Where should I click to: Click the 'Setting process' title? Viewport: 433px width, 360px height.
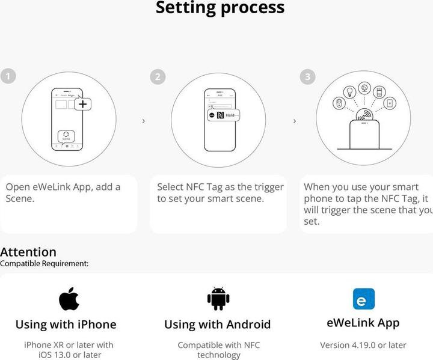[220, 8]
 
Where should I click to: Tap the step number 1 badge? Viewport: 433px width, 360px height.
[8, 76]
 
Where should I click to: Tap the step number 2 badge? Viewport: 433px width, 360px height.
[157, 76]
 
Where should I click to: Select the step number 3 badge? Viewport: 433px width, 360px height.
[307, 76]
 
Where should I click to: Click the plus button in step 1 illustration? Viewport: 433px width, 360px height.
[83, 104]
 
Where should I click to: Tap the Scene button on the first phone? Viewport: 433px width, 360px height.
[66, 136]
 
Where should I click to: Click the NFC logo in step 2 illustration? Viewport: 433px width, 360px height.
[220, 115]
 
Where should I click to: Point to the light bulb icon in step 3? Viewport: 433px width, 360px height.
[349, 92]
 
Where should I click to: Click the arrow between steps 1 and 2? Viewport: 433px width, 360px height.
[143, 121]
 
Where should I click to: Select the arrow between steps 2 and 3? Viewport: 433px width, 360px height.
[294, 121]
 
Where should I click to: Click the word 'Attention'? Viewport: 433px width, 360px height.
[28, 252]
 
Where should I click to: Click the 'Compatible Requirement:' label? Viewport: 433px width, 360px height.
[44, 263]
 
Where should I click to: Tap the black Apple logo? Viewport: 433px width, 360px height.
[69, 298]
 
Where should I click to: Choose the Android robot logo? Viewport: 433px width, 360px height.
[218, 299]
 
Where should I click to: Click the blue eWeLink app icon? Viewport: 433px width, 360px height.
[363, 299]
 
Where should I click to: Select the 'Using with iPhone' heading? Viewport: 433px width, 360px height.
[66, 325]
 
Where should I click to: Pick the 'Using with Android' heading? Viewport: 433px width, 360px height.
[217, 325]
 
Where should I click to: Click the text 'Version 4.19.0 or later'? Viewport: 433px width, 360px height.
[363, 345]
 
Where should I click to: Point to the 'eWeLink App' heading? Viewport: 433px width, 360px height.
[363, 323]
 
